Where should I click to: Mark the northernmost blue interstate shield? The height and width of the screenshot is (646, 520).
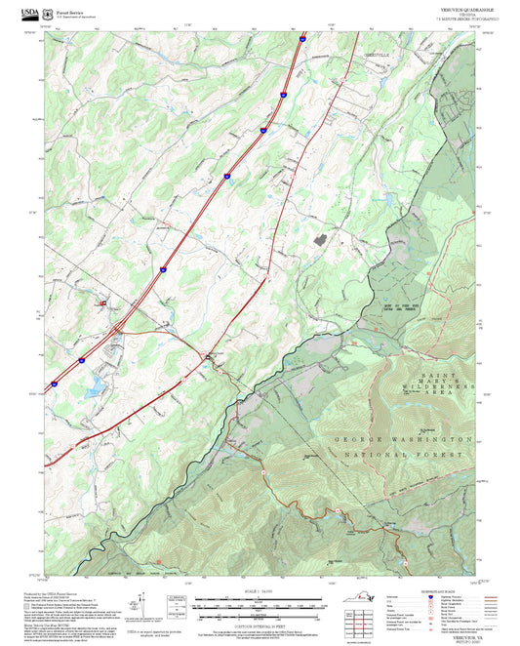pyautogui.click(x=302, y=40)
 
